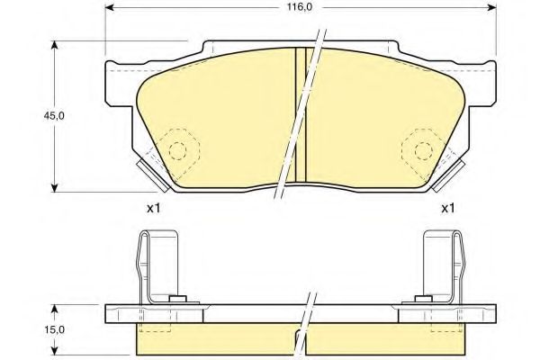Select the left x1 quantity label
click(153, 209)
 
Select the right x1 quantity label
click(446, 209)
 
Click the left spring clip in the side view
click(156, 265)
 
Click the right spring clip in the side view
click(445, 265)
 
